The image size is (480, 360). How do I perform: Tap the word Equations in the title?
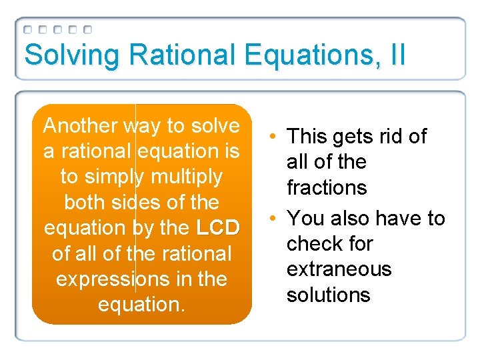tap(303, 55)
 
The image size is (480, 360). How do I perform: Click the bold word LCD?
tap(218, 228)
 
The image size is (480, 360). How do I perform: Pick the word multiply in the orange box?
tap(188, 177)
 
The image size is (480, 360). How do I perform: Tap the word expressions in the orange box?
tap(111, 279)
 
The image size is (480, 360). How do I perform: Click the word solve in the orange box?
tap(216, 126)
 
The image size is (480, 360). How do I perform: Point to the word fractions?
tap(327, 187)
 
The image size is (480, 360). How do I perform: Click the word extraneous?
tap(339, 269)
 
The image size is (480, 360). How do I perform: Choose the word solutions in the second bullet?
tap(328, 295)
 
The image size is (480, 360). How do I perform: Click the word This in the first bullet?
tap(306, 137)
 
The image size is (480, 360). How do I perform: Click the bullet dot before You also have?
tap(274, 219)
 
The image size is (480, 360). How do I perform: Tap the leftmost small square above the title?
tap(28, 30)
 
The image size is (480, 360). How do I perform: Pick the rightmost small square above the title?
tap(88, 30)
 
